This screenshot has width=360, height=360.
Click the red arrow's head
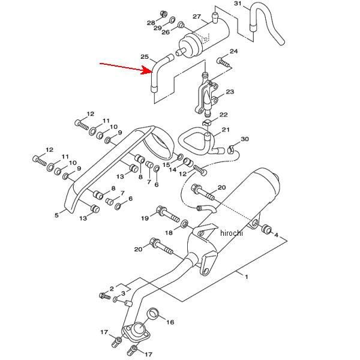[x=147, y=70]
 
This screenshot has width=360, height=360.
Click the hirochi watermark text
[x=231, y=233]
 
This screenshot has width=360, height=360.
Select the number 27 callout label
[x=197, y=17]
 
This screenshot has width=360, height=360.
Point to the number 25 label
[x=145, y=56]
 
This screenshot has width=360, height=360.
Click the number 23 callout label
[x=230, y=92]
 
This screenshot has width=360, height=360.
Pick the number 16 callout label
[x=170, y=322]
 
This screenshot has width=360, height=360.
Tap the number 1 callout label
[x=247, y=277]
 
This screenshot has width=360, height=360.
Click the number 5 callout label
[x=56, y=215]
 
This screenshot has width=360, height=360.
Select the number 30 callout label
[x=245, y=139]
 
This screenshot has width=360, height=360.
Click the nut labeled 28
[x=163, y=14]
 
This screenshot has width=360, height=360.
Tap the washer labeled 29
[x=172, y=20]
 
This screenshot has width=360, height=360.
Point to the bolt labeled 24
[x=223, y=62]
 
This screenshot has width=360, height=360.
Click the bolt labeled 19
[x=168, y=214]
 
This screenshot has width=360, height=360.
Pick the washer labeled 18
[x=184, y=224]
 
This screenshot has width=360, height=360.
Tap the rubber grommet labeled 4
[x=266, y=229]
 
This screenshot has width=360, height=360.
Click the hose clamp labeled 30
[x=231, y=149]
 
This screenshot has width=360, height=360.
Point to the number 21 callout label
[x=225, y=130]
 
